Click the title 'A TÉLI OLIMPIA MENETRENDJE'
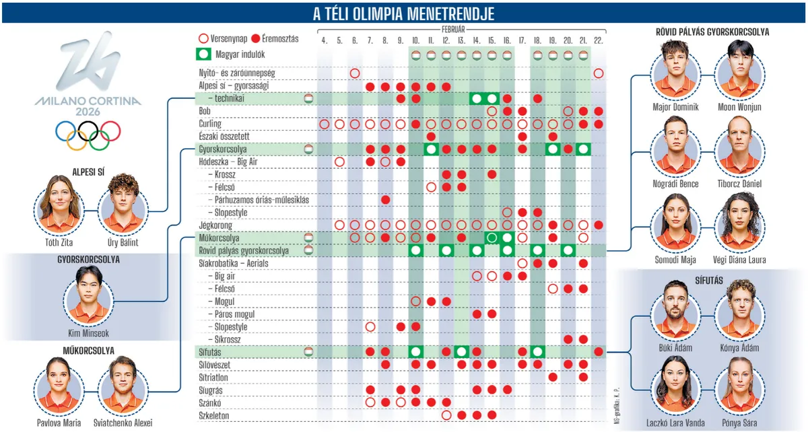[404, 13]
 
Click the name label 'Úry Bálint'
[123, 242]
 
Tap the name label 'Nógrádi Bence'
[676, 184]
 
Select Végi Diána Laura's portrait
[739, 221]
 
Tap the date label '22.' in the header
[599, 41]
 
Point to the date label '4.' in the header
[325, 41]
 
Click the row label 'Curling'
[210, 124]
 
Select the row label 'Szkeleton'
[214, 415]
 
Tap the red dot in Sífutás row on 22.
[599, 352]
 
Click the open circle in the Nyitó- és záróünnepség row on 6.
[355, 73]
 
